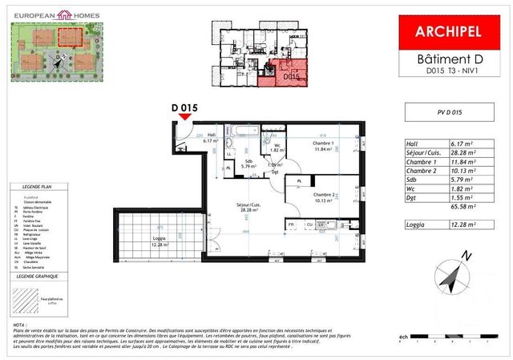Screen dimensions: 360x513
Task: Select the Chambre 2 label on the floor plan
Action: point(324,198)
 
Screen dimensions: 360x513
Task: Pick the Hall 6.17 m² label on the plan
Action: point(211,138)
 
